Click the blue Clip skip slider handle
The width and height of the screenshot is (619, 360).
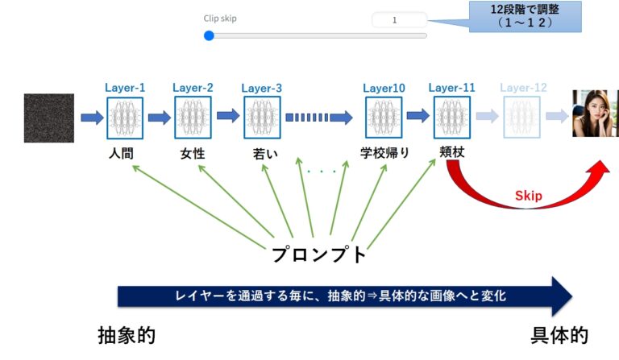210,35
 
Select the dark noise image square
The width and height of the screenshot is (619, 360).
48,118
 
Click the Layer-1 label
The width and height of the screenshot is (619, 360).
125,87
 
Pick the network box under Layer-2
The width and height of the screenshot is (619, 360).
193,118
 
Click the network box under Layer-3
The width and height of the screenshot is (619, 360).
261,118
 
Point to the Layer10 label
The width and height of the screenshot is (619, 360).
384,87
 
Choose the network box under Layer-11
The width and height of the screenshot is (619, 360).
451,118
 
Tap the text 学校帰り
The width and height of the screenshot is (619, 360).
384,153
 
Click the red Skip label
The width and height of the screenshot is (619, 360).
529,196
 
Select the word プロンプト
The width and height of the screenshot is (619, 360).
318,255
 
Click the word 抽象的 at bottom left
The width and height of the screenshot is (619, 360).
127,336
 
